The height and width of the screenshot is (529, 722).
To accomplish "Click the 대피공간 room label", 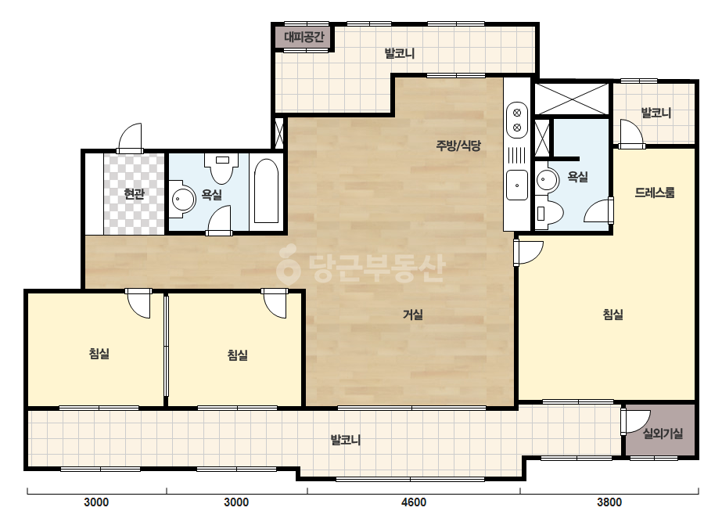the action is tap(304, 37).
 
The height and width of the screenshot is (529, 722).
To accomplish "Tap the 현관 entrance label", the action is tap(134, 194).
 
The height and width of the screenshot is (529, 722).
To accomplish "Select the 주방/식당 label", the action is tap(458, 146).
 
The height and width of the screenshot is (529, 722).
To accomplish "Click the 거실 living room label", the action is tap(412, 315).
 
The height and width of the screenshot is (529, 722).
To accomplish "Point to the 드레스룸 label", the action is tap(654, 193).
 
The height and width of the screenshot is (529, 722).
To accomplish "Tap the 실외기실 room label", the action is tap(663, 434).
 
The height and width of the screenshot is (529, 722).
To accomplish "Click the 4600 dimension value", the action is tap(414, 502).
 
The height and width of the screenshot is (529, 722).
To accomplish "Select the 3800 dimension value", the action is tap(609, 502).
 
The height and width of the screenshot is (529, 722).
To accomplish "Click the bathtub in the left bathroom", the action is tap(266, 191).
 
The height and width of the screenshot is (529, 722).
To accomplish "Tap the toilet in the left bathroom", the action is tap(222, 168).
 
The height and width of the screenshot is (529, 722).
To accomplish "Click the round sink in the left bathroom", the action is tap(183, 199).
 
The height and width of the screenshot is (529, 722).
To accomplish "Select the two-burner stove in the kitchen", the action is tap(516, 120).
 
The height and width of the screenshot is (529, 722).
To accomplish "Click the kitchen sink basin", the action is tap(516, 185).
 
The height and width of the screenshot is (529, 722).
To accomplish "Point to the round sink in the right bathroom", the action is tap(547, 179).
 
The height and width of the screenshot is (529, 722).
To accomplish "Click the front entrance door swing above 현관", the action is tap(131, 137).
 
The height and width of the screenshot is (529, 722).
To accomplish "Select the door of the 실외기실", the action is tap(634, 421).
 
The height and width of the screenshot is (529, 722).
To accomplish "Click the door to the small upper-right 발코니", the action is tap(630, 134).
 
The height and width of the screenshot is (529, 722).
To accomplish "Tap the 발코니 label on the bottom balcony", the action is tap(346, 440).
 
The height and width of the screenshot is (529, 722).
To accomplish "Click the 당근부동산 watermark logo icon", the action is tap(288, 265).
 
